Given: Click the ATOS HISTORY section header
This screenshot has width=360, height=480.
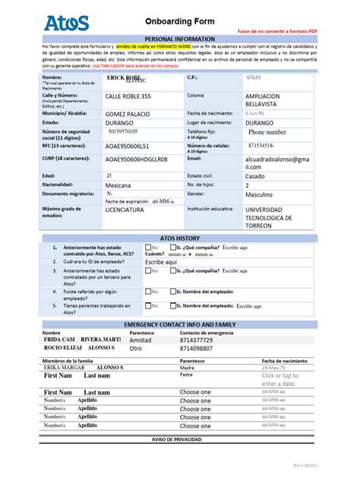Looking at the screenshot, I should pos(179,238).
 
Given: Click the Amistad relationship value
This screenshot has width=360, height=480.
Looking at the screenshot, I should pos(141,339).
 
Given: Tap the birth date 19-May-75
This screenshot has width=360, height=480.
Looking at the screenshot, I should pos(274,367).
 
